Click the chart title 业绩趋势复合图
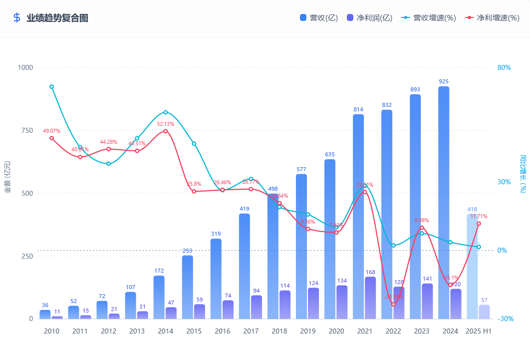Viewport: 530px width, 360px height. (57, 18)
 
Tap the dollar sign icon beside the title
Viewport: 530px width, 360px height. (17, 18)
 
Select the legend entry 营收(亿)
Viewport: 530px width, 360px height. (319, 18)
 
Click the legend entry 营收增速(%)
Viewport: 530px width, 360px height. (429, 18)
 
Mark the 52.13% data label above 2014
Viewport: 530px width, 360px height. (166, 124)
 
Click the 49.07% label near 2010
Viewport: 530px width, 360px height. (51, 131)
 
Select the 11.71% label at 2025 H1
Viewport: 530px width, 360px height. (479, 216)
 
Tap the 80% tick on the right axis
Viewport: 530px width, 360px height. (504, 67)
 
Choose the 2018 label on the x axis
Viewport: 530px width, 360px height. (279, 331)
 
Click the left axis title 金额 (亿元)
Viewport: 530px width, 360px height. (7, 177)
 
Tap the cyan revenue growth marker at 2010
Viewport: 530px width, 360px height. (51, 87)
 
